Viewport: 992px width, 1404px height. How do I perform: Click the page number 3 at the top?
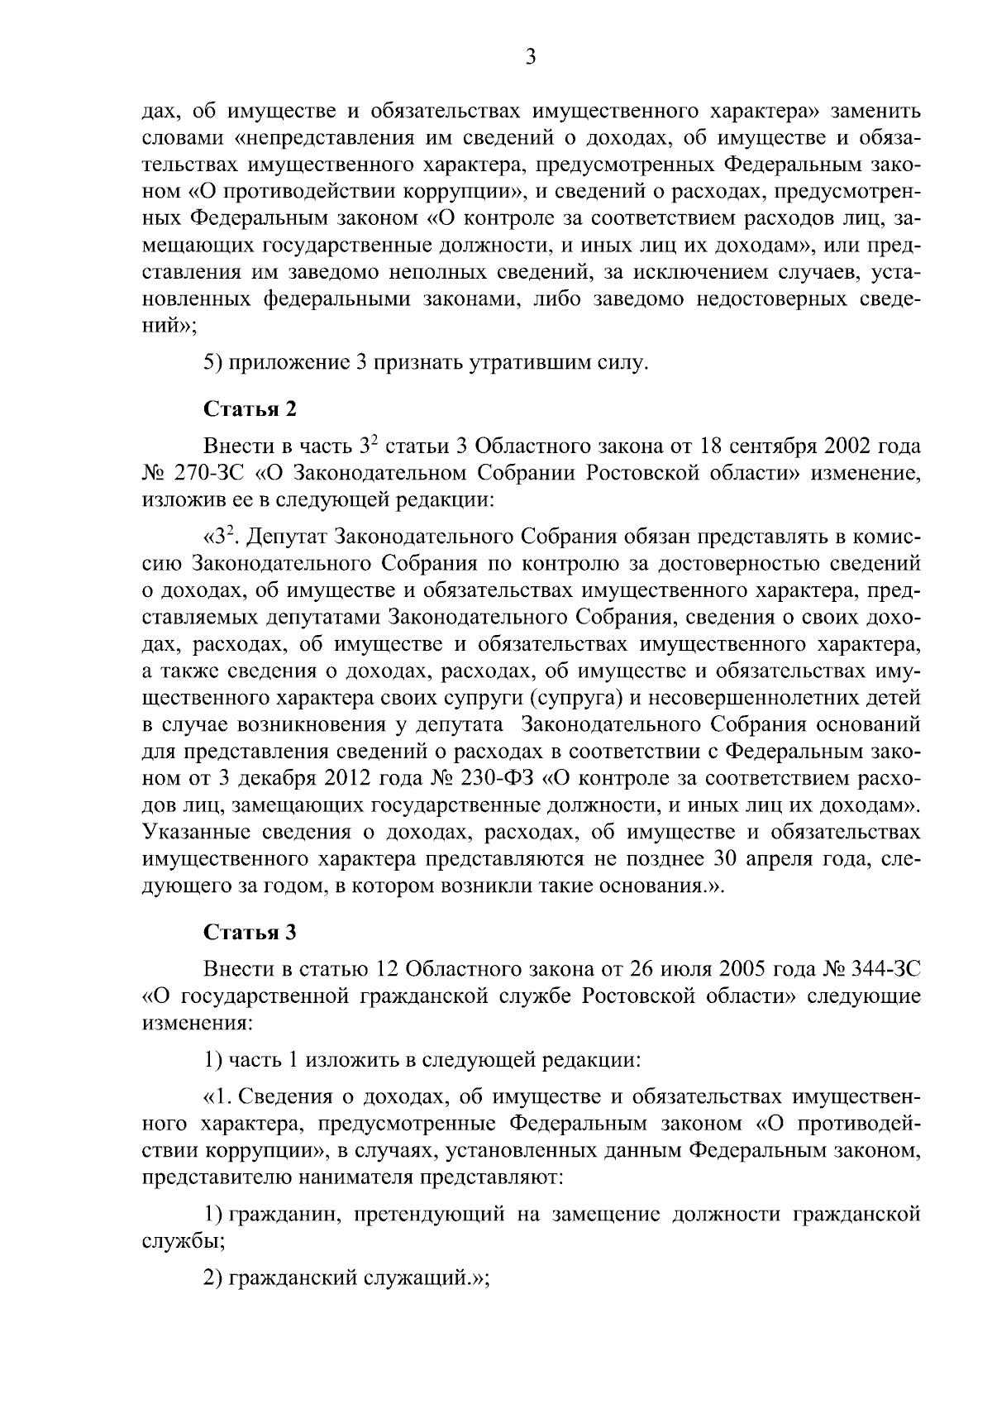point(531,57)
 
